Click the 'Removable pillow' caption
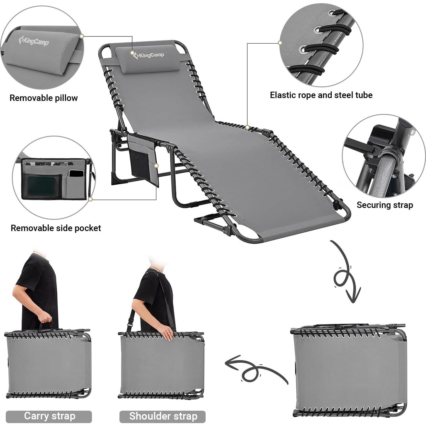[x=44, y=98]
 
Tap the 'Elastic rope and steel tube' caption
[x=321, y=95]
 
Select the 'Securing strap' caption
[x=384, y=205]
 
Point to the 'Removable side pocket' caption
[x=56, y=228]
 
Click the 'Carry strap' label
[x=49, y=416]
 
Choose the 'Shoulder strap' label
[x=163, y=416]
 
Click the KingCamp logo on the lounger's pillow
[x=148, y=55]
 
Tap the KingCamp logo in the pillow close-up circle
[x=34, y=41]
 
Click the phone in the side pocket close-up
[x=76, y=173]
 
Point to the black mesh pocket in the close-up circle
[x=42, y=185]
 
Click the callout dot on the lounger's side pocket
[x=156, y=166]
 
